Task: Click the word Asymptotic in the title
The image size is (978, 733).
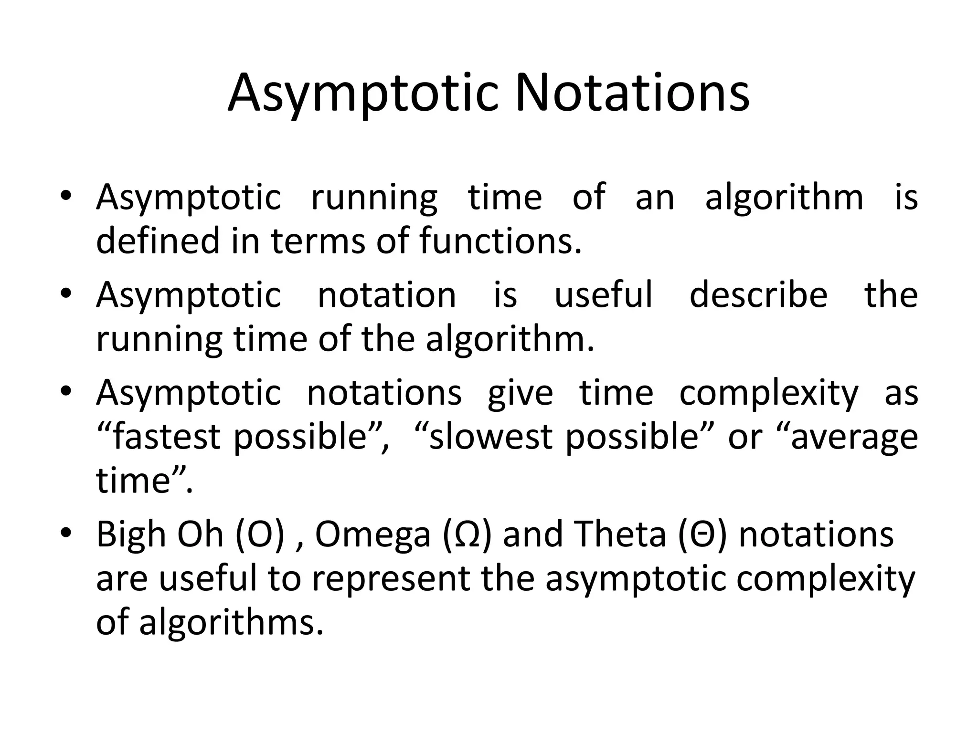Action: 363,93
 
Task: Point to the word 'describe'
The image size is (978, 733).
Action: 758,294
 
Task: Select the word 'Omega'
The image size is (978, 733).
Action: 373,535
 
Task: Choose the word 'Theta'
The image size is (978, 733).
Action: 620,534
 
